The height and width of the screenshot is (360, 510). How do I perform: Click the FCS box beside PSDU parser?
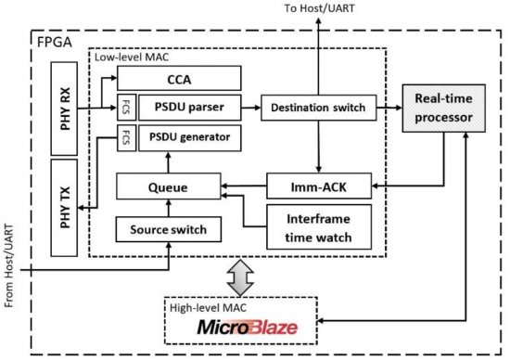(122, 109)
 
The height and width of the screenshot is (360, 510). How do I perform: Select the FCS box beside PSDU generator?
(122, 138)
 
